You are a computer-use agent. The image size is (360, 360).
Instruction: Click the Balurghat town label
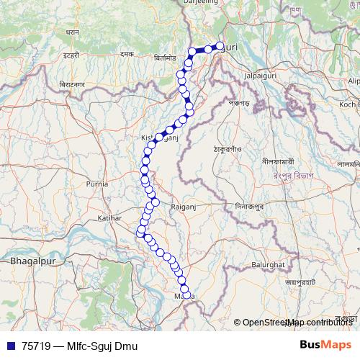[x=269, y=265]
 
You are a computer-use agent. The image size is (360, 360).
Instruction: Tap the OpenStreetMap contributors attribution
[x=297, y=322]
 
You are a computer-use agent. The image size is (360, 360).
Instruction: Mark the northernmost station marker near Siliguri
[x=220, y=47]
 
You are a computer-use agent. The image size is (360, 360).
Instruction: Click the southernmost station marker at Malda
[x=187, y=294]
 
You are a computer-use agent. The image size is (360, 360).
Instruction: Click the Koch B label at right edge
[x=348, y=104]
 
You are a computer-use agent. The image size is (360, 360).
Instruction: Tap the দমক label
[x=127, y=54]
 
